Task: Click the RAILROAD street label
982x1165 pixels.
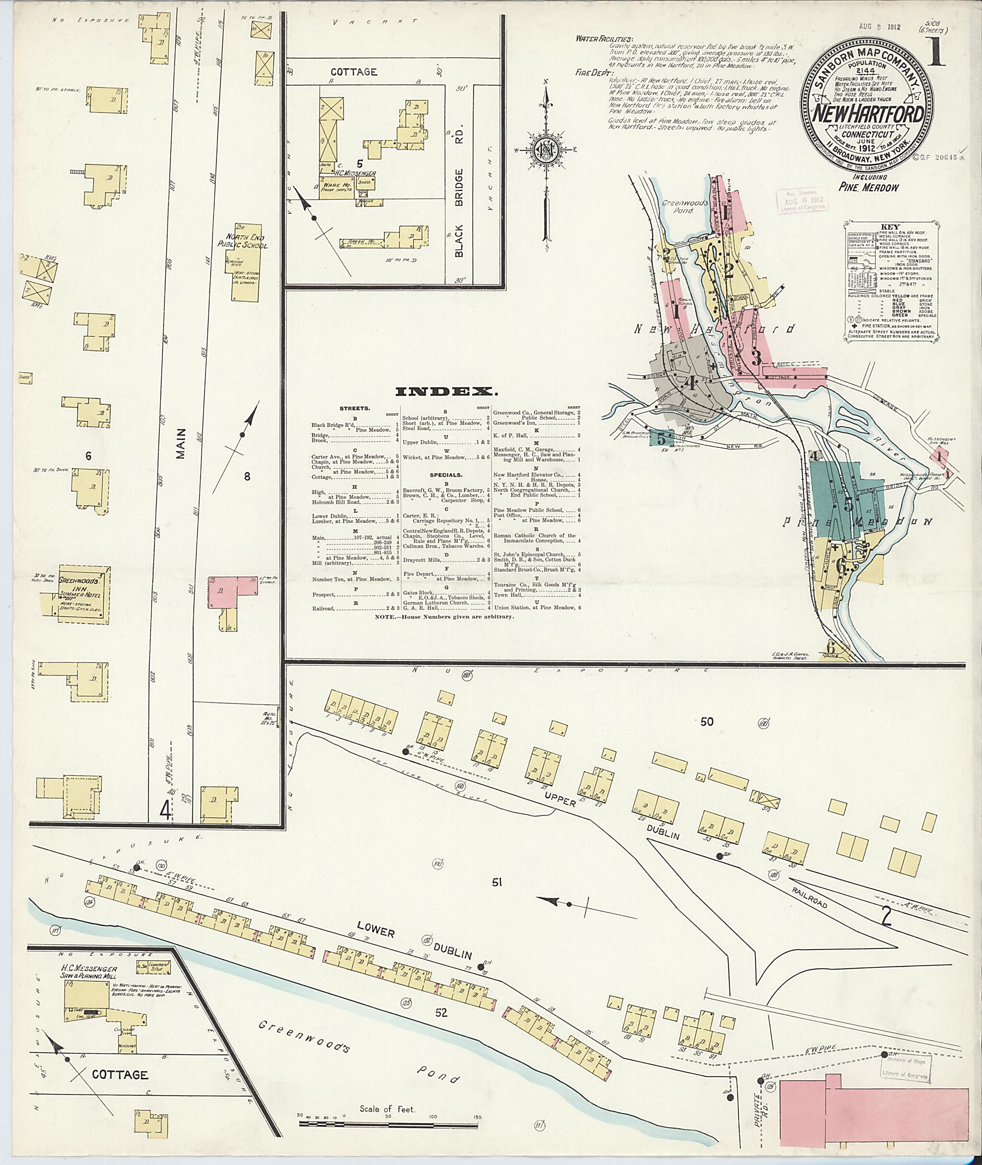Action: click(x=809, y=897)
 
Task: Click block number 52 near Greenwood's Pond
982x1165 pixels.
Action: click(x=441, y=1013)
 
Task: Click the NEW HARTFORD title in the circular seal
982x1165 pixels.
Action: click(x=868, y=114)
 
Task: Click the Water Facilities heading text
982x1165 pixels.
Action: click(x=604, y=39)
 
